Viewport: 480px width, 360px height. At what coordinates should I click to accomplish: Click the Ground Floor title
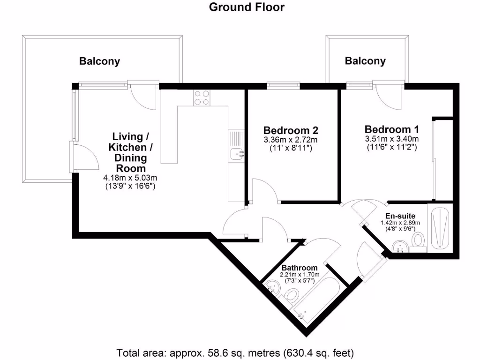pos(247,7)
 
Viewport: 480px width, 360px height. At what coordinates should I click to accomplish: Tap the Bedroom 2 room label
pos(294,130)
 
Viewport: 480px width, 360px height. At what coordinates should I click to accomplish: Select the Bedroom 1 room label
pos(392,129)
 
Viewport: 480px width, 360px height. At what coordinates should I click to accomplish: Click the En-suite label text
pos(400,216)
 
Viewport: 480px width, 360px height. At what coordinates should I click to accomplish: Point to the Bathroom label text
pos(299,268)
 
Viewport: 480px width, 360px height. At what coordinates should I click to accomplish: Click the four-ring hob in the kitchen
pos(202,97)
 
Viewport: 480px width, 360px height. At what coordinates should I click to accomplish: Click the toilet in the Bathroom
pos(291,296)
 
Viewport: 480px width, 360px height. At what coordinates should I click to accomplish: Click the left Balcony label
pos(99,61)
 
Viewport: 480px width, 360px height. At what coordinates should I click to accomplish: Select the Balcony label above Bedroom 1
pos(365,60)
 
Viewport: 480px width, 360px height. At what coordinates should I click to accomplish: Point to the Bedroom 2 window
pos(283,85)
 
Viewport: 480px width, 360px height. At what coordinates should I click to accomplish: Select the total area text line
pos(235,352)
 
